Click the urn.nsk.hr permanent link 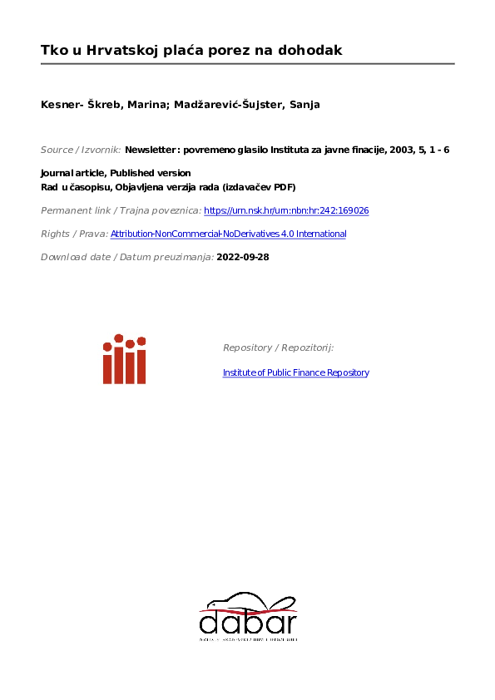286,211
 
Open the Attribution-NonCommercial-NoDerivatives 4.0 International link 228,234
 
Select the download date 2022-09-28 243,258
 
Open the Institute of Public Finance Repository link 295,372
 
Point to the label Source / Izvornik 81,150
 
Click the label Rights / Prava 74,234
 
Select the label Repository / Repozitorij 278,348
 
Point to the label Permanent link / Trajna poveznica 121,211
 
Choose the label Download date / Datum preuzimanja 126,258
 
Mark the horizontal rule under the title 247,64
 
